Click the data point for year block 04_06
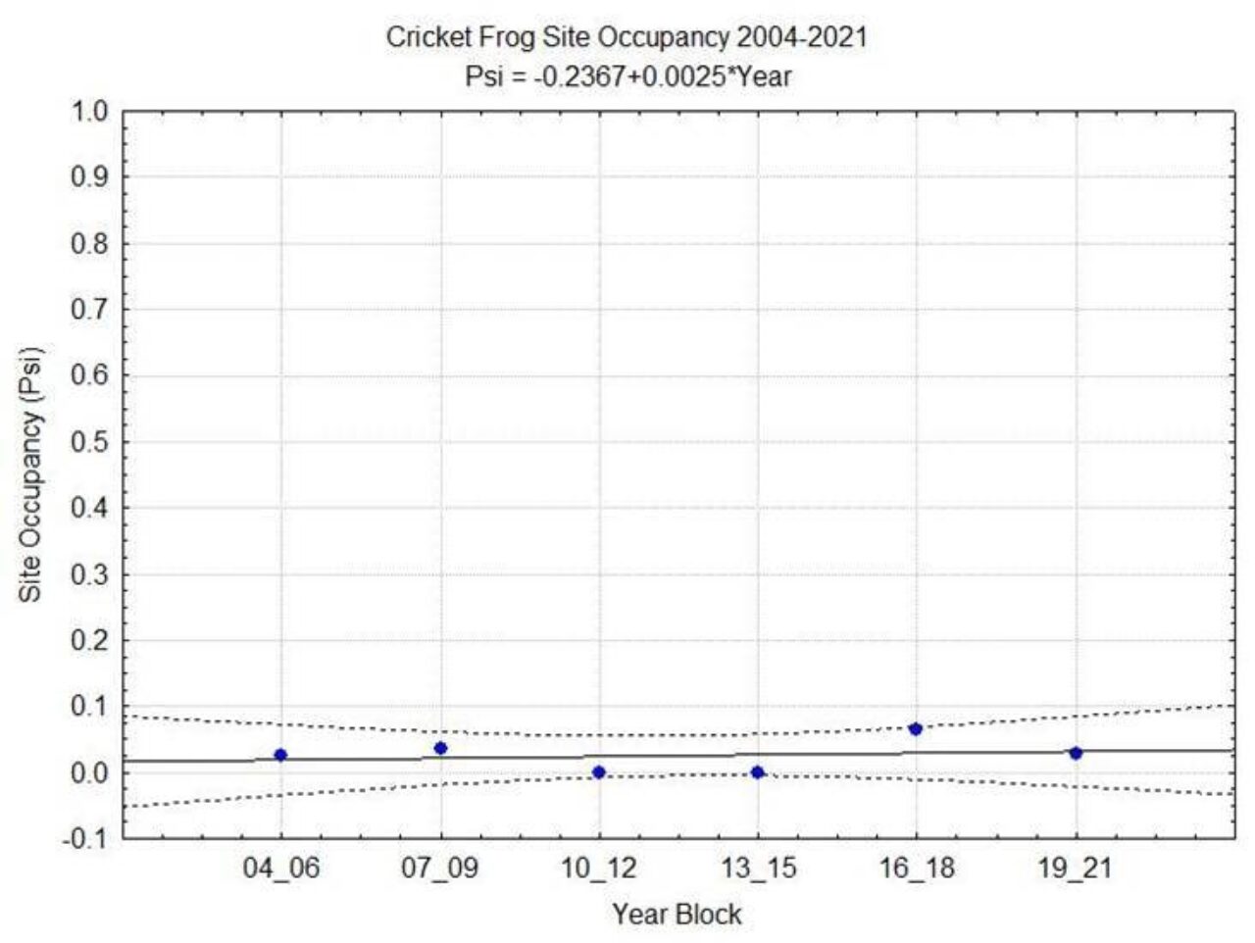pos(280,755)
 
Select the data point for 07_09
pos(440,748)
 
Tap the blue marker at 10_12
pos(599,772)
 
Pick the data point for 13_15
pos(757,772)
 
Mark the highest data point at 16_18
pos(916,728)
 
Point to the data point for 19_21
pos(1076,753)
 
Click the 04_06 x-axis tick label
pos(281,869)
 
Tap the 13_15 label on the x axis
pos(758,869)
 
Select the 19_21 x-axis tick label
pos(1076,869)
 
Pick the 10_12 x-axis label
pos(599,869)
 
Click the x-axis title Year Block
pos(677,915)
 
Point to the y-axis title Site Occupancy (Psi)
pos(32,474)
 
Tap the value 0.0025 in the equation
pos(678,75)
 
